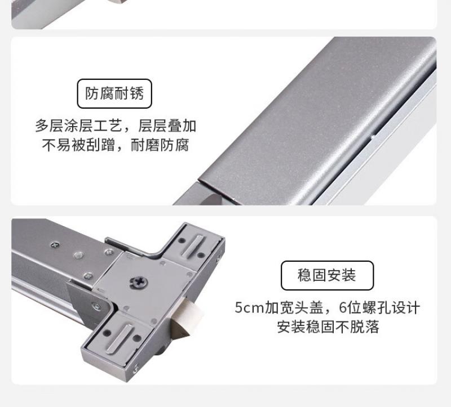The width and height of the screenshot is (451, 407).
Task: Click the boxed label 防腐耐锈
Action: (x=114, y=93)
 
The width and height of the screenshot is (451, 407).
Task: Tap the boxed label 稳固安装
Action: (x=327, y=275)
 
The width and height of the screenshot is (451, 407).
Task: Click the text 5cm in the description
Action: (x=249, y=307)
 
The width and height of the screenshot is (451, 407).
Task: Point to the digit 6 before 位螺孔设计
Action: (x=343, y=307)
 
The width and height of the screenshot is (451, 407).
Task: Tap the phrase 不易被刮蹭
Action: (x=78, y=145)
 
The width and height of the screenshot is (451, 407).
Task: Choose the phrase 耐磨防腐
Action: (x=160, y=145)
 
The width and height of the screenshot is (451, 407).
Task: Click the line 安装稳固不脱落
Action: (x=328, y=327)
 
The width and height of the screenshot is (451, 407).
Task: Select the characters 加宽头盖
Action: (x=294, y=307)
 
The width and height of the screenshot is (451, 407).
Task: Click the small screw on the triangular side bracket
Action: (x=96, y=306)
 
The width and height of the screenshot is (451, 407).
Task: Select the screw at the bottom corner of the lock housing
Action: (x=135, y=368)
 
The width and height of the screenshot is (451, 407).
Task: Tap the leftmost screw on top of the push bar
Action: (x=55, y=245)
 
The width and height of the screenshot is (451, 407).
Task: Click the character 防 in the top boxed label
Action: (x=92, y=93)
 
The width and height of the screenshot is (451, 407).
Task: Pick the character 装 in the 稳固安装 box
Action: (x=349, y=275)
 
